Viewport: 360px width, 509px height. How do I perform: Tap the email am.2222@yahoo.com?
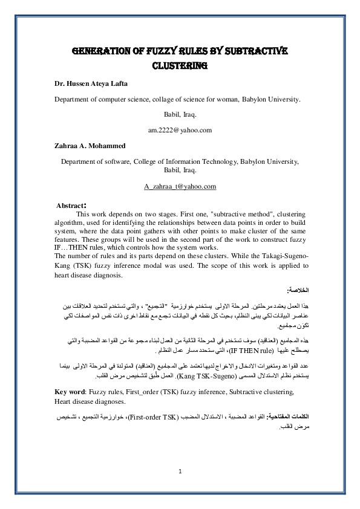pos(180,129)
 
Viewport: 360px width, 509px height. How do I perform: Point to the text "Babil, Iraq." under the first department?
pos(180,114)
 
